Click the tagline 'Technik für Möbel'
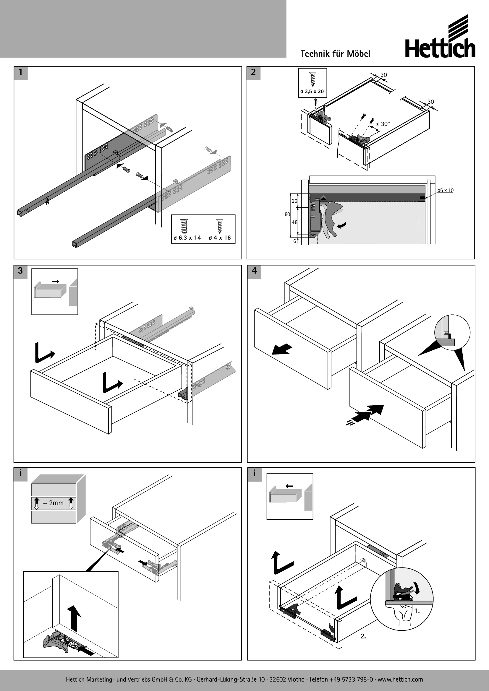[335, 54]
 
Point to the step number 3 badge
[20, 271]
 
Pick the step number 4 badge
[254, 271]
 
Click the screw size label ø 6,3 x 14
[187, 238]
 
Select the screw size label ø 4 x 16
[219, 238]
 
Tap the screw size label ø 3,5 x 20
[312, 92]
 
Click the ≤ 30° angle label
[383, 124]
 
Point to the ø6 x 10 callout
[445, 191]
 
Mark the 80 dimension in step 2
[287, 214]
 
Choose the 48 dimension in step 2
[294, 222]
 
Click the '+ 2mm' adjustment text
[53, 503]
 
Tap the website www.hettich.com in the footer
[400, 679]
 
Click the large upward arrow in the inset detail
[74, 618]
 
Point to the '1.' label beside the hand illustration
[417, 611]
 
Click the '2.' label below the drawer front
[363, 636]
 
